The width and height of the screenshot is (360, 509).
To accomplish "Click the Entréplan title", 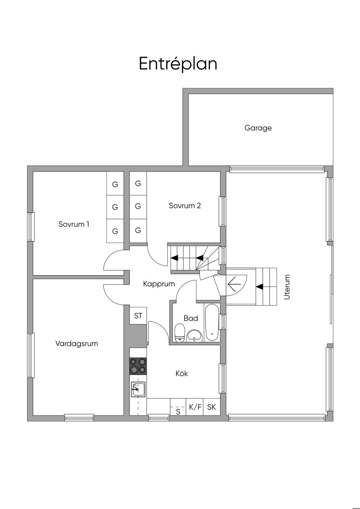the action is (x=178, y=64).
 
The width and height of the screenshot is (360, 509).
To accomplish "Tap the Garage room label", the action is (x=258, y=128).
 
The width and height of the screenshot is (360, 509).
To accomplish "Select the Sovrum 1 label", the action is (x=74, y=224).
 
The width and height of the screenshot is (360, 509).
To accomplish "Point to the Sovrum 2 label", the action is (x=185, y=206).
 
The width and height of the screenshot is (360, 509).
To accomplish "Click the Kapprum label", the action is (x=159, y=284).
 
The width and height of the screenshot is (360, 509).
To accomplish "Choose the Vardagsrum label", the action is (x=77, y=343).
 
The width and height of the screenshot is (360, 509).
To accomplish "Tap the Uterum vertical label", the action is (x=287, y=287).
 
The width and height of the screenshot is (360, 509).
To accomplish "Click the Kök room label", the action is (x=182, y=373).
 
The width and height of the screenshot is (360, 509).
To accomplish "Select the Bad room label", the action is (x=191, y=318).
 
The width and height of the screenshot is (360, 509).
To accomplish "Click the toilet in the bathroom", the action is (x=180, y=333).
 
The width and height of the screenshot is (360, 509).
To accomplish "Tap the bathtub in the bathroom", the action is (x=212, y=322).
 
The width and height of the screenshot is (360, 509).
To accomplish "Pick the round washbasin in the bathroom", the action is (x=194, y=335).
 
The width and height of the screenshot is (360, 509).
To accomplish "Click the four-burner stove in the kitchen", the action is (x=138, y=366).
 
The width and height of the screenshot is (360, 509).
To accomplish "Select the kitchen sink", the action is (x=138, y=389).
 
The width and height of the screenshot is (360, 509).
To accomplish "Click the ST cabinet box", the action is (x=138, y=316).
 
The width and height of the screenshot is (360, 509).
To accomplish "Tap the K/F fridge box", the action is (x=195, y=407).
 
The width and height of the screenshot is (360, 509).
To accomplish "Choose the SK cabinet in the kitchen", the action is (x=212, y=407).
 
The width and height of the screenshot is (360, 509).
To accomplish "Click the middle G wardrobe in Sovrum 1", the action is (x=115, y=207).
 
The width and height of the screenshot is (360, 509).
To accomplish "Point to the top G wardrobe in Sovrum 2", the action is (x=138, y=183).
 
